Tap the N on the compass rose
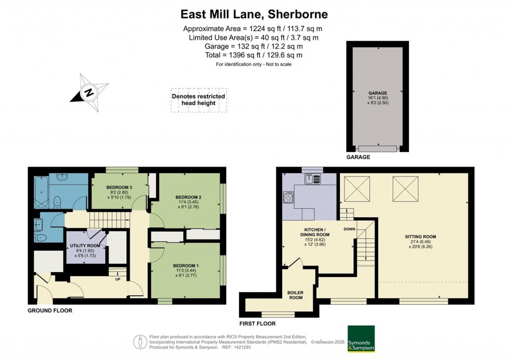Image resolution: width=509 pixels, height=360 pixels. pyautogui.click(x=88, y=92)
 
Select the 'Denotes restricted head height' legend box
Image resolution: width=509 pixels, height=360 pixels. pyautogui.click(x=198, y=99)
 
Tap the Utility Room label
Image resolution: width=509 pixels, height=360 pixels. pyautogui.click(x=86, y=246)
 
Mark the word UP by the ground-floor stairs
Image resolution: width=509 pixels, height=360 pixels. pyautogui.click(x=117, y=279)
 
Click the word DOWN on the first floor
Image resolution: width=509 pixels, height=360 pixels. pyautogui.click(x=349, y=229)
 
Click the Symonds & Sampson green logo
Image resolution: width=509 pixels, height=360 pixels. pyautogui.click(x=360, y=339)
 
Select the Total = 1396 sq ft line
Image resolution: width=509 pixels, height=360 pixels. pyautogui.click(x=254, y=55)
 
